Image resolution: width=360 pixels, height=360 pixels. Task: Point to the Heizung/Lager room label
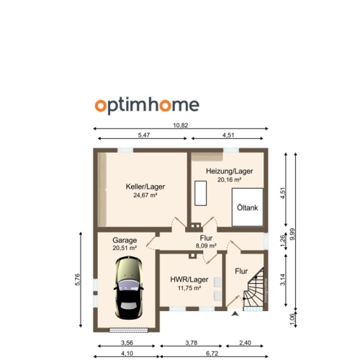point(230,171)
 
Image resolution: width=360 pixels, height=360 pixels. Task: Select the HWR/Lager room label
point(189,279)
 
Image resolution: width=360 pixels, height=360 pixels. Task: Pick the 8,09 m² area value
point(207,246)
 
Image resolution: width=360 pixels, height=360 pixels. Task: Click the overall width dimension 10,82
point(180,125)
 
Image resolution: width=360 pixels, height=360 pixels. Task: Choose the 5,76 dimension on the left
point(78,280)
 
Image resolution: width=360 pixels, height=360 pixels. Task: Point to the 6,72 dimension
point(213,354)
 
